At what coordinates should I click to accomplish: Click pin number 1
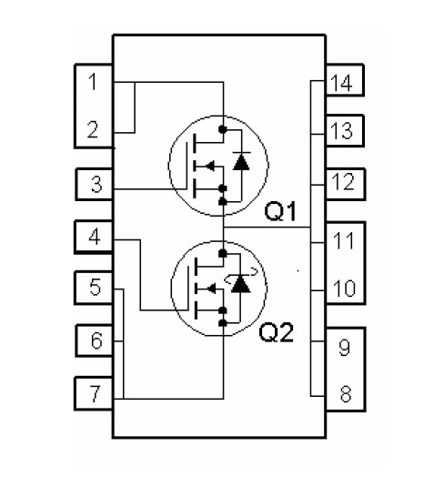point(93,82)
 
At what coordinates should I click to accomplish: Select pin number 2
point(93,129)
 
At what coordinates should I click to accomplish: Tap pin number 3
point(96,184)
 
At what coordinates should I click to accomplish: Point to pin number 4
point(95,238)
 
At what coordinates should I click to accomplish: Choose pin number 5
point(96,287)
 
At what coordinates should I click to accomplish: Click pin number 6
point(96,340)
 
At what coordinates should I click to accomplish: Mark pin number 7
point(95,393)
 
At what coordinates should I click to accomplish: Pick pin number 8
point(346,394)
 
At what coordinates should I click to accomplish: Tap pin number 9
point(345,347)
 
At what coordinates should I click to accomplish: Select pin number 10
point(344,289)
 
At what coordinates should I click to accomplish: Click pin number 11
point(343,240)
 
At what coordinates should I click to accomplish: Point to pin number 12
point(343,182)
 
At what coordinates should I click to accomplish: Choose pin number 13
point(341,130)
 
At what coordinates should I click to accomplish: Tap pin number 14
point(341,83)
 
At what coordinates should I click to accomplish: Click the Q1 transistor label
point(280,211)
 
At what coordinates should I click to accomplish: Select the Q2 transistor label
point(277,332)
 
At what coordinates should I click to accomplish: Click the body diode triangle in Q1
point(241,162)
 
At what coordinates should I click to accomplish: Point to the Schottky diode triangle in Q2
point(241,284)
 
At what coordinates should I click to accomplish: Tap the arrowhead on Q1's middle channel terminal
point(209,166)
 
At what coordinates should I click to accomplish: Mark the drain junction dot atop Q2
point(223,254)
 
